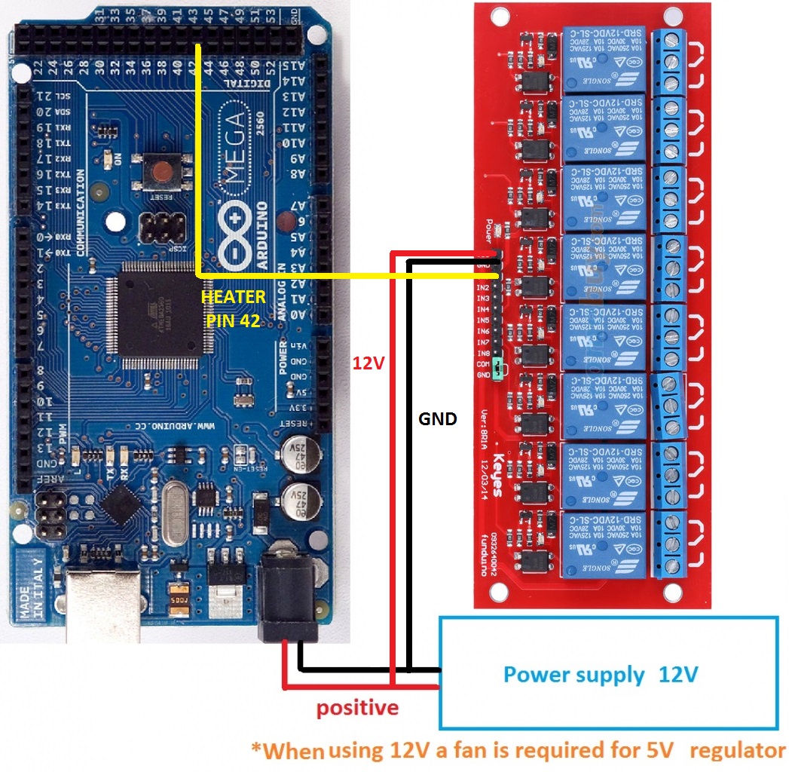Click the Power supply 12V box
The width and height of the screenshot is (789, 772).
pos(609,672)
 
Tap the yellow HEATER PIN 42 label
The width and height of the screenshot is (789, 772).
pos(233,308)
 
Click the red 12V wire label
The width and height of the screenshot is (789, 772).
pos(369,363)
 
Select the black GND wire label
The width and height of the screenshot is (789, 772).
pos(437,419)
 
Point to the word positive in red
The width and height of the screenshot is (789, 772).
pos(356,708)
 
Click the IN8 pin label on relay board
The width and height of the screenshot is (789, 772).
pos(482,353)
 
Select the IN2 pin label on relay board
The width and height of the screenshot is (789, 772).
pos(482,287)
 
